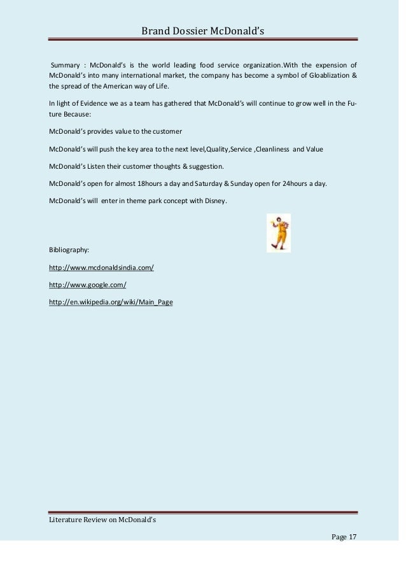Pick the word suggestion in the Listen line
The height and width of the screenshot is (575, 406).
(x=202, y=166)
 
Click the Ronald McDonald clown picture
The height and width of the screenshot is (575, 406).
(x=278, y=233)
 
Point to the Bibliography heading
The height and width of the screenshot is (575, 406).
(x=70, y=249)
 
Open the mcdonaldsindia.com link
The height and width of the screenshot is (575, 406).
(x=101, y=268)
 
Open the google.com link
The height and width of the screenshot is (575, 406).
(x=83, y=285)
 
